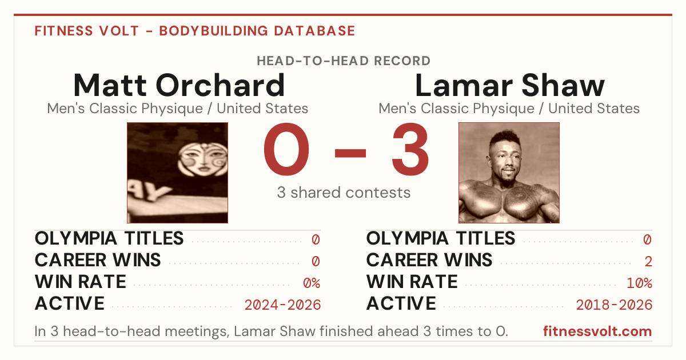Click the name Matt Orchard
179,85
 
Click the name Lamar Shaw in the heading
509,85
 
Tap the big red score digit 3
410,149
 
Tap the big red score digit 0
286,149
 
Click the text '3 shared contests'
344,193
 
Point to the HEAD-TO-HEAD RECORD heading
344,61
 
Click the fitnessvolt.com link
597,331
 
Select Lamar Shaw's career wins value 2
648,262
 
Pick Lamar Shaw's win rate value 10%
639,283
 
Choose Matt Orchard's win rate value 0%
312,283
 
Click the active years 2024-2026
282,305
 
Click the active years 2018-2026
614,305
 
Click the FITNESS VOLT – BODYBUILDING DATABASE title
195,31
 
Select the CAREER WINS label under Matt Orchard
98,260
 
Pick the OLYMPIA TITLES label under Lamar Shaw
441,238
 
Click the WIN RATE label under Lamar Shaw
412,282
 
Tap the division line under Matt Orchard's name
178,109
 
